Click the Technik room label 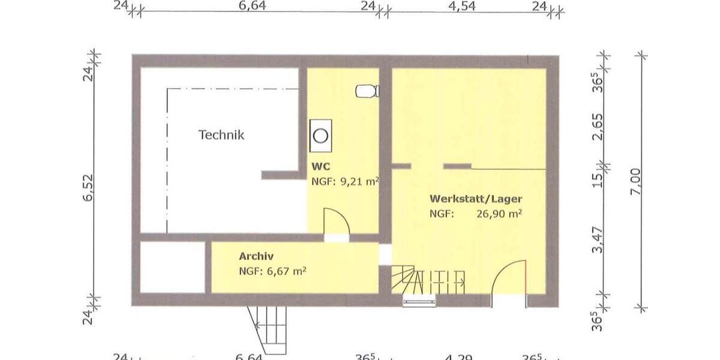pos(221,135)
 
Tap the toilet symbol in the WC pos(367,91)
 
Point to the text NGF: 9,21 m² pos(344,181)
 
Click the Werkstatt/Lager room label pos(475,199)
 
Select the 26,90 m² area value pos(499,214)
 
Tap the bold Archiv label pos(256,256)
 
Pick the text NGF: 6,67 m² pos(272,271)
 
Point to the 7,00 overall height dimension pos(637,181)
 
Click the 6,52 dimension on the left pos(88,190)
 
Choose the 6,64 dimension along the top pos(251,7)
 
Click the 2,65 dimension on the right pos(597,126)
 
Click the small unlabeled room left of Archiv pos(172,267)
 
